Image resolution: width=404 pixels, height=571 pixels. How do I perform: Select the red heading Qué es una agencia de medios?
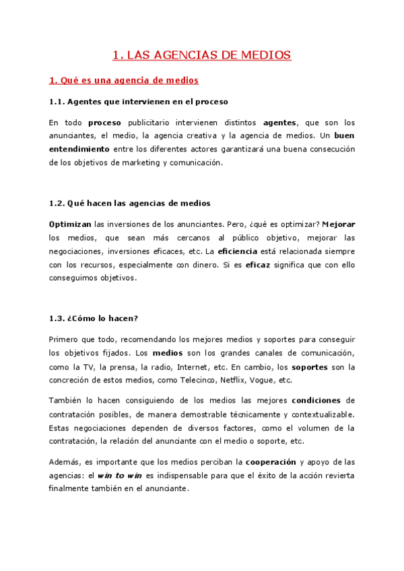[x=124, y=81]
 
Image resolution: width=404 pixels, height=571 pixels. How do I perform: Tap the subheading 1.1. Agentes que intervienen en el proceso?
[x=139, y=102]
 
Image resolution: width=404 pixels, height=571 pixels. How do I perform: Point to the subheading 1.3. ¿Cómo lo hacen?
[x=93, y=318]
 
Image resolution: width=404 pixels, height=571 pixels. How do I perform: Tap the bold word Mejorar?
[x=339, y=224]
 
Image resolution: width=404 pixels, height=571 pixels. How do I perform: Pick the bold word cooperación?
[x=270, y=461]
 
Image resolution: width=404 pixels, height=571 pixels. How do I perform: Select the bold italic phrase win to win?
[x=120, y=475]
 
